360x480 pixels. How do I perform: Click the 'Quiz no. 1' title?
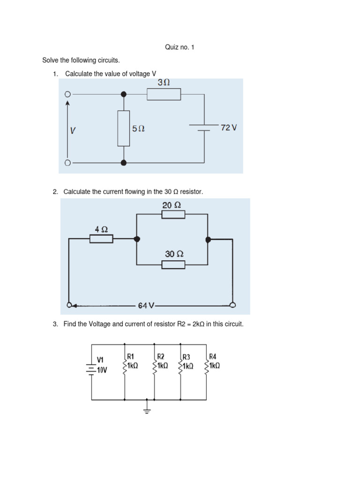tap(180, 47)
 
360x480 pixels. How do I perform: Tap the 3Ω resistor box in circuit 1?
tap(164, 94)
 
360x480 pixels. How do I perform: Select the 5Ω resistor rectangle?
tap(124, 128)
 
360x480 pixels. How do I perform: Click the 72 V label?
tap(229, 127)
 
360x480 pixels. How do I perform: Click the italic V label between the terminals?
tap(73, 130)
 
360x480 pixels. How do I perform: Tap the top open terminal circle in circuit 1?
tap(67, 94)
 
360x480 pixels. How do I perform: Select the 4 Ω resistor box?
tap(101, 239)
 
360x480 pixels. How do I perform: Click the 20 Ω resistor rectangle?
tap(173, 214)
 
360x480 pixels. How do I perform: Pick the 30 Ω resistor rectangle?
tap(173, 264)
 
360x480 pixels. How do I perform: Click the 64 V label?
tap(146, 306)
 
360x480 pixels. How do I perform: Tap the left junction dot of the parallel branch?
tap(137, 239)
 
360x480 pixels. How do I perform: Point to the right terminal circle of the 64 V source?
tap(232, 305)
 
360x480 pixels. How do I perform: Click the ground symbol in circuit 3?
tap(147, 409)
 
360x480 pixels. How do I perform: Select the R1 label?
tap(130, 356)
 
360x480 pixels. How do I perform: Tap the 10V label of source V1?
tap(102, 370)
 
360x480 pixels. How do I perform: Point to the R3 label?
tap(186, 357)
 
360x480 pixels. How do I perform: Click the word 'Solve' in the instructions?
tap(50, 60)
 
